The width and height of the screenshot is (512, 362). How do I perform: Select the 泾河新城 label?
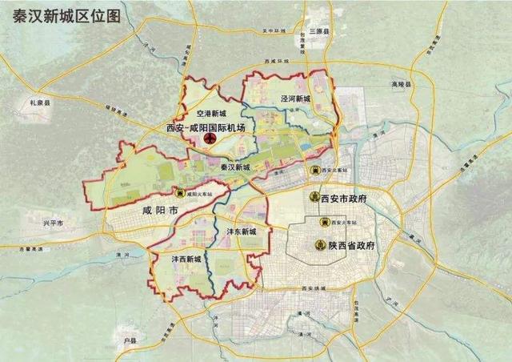294,98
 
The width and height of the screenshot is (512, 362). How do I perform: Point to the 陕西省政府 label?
352,244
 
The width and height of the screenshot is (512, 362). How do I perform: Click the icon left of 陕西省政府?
320,244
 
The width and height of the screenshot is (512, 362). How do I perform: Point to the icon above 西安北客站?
315,170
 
